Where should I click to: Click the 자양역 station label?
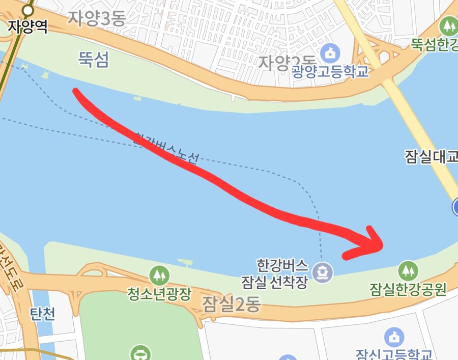click(28, 26)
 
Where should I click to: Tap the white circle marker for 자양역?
click(28, 10)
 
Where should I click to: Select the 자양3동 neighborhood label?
click(97, 19)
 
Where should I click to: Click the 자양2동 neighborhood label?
click(280, 63)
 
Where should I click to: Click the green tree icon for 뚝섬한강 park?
click(449, 24)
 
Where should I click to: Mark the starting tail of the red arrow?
click(76, 91)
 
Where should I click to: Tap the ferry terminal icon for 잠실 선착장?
click(323, 271)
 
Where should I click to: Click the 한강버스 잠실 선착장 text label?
click(282, 274)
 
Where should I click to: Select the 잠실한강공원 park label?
click(408, 290)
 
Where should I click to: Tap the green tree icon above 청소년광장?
click(159, 275)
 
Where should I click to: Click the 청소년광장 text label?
click(159, 293)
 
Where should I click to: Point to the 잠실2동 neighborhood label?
click(231, 304)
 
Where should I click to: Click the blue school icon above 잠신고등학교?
click(394, 337)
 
